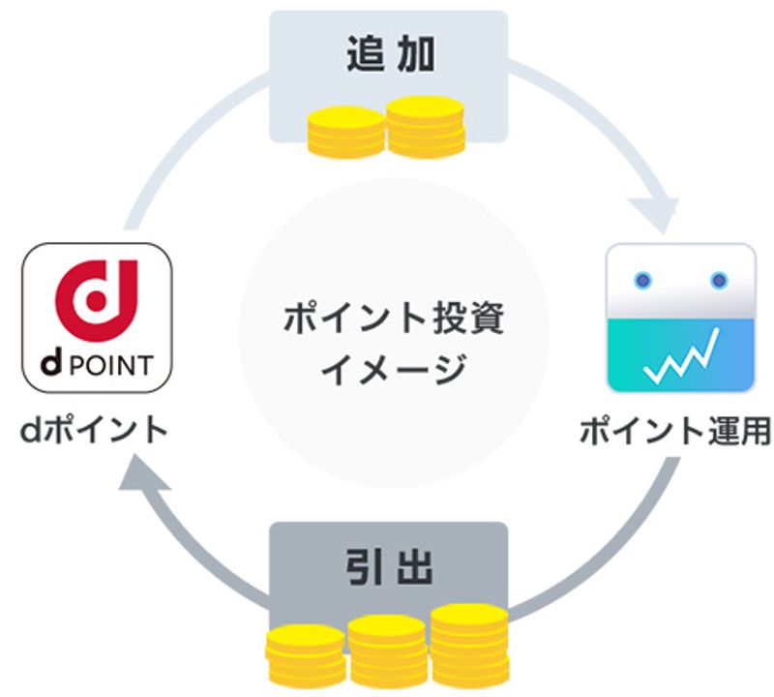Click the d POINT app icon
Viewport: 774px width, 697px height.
[97, 317]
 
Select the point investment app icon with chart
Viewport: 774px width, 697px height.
[679, 317]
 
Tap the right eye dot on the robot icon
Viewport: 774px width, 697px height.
[718, 282]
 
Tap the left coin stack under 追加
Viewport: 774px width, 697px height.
[341, 135]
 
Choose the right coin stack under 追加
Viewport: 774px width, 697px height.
[426, 125]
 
